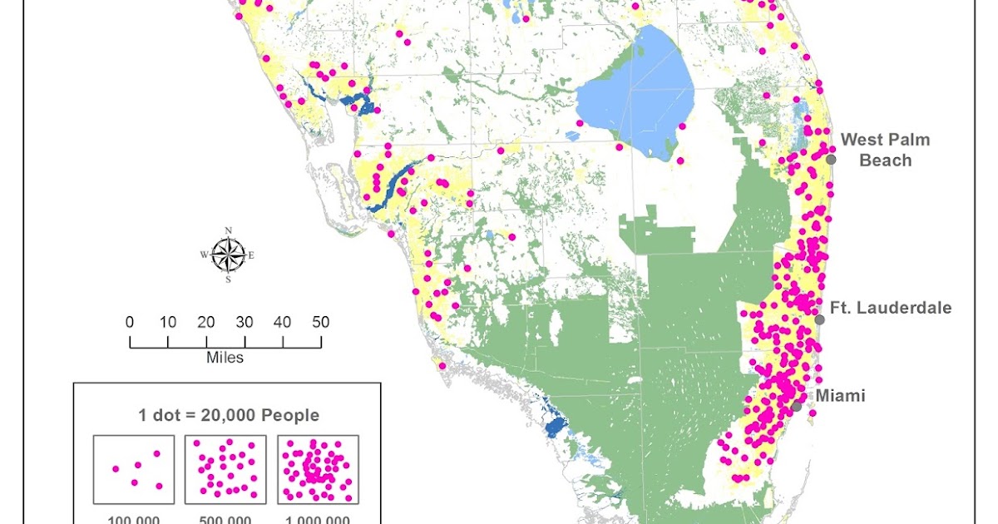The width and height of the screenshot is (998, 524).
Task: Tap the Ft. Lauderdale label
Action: click(892, 308)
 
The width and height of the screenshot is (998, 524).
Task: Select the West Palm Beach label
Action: click(885, 150)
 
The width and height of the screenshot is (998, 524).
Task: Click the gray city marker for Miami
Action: click(797, 407)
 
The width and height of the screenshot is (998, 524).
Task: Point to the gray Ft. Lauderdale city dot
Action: click(819, 319)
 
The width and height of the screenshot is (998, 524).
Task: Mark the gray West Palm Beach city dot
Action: click(831, 158)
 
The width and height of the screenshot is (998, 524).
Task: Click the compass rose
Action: click(228, 255)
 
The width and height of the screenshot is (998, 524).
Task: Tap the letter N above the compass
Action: click(229, 230)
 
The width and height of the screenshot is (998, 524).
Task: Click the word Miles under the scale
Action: click(225, 358)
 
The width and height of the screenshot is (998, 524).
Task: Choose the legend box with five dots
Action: click(134, 469)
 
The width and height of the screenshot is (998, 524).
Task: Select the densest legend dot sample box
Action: click(318, 469)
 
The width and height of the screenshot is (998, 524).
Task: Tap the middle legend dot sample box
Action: click(225, 469)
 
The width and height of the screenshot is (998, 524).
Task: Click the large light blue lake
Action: click(636, 96)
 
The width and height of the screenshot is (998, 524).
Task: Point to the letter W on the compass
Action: click(204, 255)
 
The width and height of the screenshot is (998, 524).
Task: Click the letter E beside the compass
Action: click(251, 255)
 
